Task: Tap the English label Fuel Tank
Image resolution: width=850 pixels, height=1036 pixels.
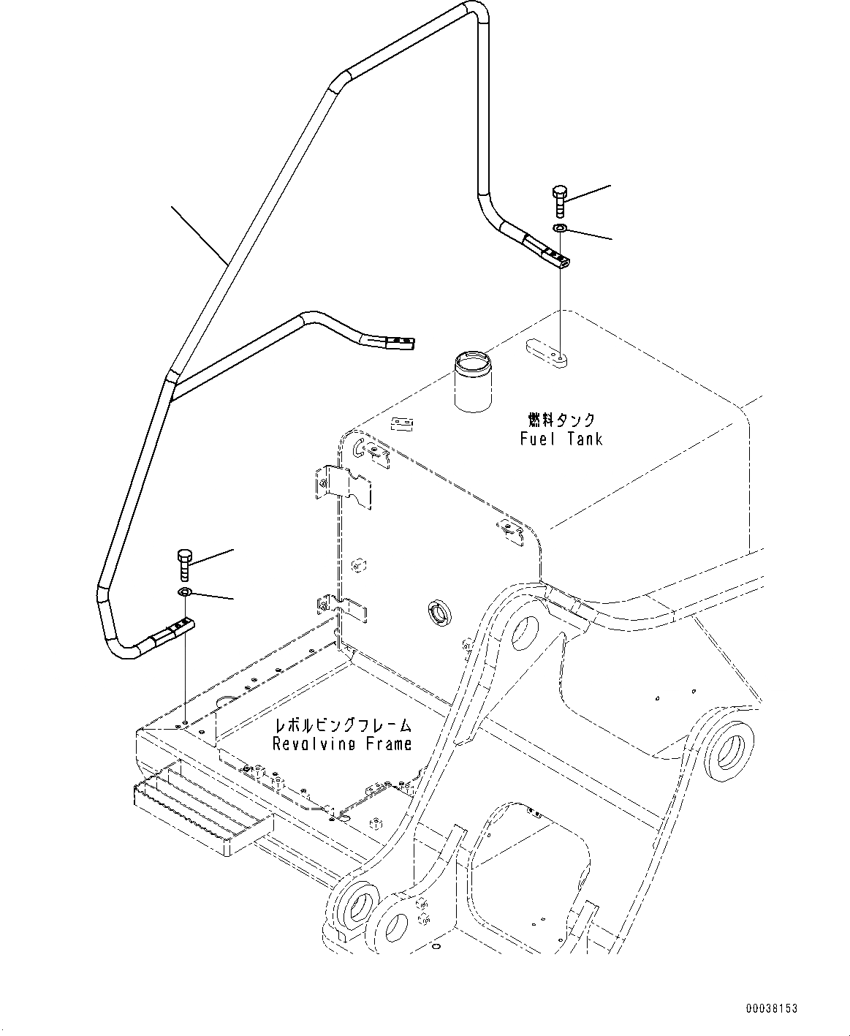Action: pyautogui.click(x=561, y=439)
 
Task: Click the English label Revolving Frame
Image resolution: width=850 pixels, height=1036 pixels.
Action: pyautogui.click(x=342, y=744)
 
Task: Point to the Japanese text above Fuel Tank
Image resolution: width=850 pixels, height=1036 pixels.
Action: pyautogui.click(x=561, y=420)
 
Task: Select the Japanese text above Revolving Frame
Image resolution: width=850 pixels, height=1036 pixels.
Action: pyautogui.click(x=342, y=725)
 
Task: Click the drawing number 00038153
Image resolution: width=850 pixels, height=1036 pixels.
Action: pyautogui.click(x=771, y=1008)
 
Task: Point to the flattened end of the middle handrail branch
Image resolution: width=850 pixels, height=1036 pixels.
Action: pyautogui.click(x=395, y=341)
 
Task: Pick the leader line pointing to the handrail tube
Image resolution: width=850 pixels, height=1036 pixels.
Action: pyautogui.click(x=197, y=234)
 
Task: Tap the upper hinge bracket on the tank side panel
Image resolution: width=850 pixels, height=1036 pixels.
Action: pyautogui.click(x=344, y=485)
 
